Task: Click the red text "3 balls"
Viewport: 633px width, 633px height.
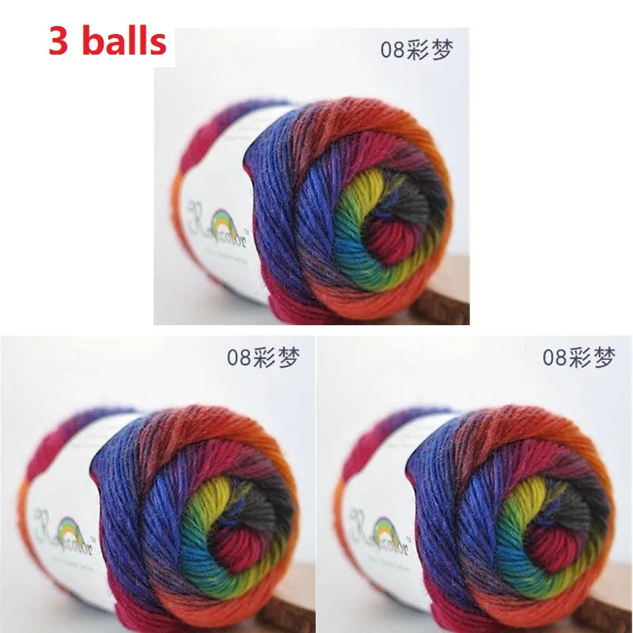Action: pos(108,40)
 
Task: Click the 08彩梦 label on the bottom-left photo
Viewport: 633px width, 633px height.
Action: pos(263,358)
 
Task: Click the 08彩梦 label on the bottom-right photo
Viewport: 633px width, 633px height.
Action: pos(578,358)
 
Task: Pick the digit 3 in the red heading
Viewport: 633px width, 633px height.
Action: pos(59,40)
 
